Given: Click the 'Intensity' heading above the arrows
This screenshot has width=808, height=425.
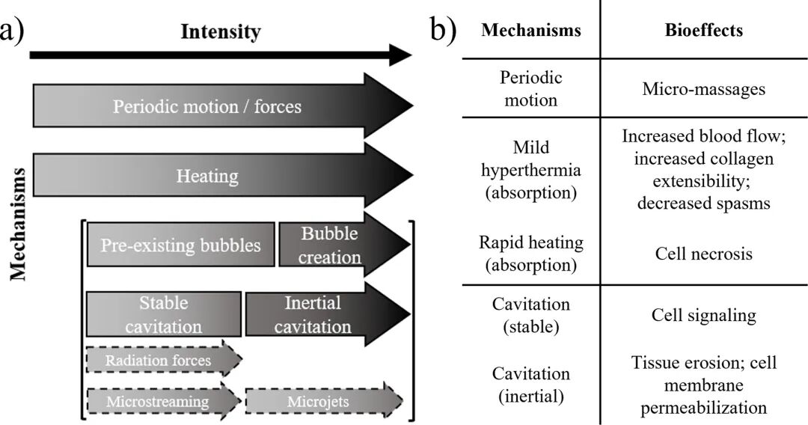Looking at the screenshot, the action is tap(221, 32).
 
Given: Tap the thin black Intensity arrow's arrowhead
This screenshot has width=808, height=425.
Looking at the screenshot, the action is tap(401, 55).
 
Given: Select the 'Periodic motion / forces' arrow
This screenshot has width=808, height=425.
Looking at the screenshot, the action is tap(223, 106).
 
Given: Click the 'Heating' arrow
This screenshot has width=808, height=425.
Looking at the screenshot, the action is tap(223, 175).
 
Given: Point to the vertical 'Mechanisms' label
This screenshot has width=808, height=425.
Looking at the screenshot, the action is tap(19, 224).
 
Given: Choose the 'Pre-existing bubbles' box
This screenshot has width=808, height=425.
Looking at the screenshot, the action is tap(180, 244).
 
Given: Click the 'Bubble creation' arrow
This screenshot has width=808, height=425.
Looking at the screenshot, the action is tap(344, 244).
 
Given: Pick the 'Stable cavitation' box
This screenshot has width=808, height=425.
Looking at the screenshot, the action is tap(163, 314).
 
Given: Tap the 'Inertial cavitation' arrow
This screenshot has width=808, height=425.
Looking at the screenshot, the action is tap(328, 314).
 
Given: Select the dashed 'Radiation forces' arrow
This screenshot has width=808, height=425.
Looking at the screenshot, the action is tap(164, 360).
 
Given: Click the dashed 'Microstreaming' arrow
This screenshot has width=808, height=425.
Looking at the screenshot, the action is tap(163, 401).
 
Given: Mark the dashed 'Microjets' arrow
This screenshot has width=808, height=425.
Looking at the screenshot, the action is tap(324, 401).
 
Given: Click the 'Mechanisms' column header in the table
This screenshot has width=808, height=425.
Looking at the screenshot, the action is tap(530, 30).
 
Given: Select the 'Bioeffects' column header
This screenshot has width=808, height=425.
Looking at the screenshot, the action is tap(704, 30).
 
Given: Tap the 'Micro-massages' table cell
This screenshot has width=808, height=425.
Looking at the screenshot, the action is tap(704, 88).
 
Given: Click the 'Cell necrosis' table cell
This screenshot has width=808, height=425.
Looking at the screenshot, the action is tap(704, 254).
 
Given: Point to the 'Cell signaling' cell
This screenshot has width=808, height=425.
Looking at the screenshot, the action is tap(704, 315).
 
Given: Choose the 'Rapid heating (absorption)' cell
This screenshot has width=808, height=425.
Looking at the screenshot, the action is tap(530, 254).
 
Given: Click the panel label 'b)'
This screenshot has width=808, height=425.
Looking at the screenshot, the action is tap(443, 31).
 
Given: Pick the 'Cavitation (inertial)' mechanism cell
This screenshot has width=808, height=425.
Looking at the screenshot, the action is tap(530, 385).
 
